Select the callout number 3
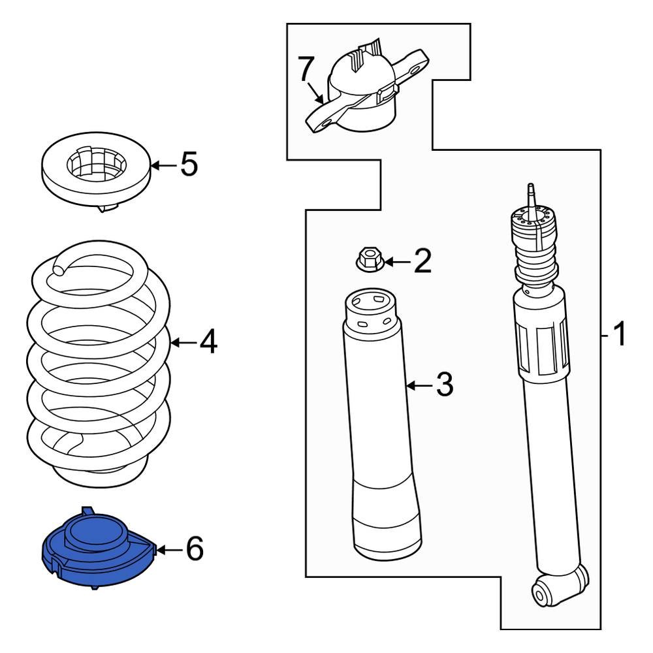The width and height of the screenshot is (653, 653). pos(443,385)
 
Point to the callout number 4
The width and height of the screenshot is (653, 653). pos(207,342)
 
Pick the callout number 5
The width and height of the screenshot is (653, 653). pos(188,165)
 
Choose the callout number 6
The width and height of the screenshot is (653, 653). pos(194,549)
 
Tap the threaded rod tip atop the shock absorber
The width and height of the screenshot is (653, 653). pos(532,193)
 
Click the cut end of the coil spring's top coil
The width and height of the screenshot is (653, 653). pos(59,267)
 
